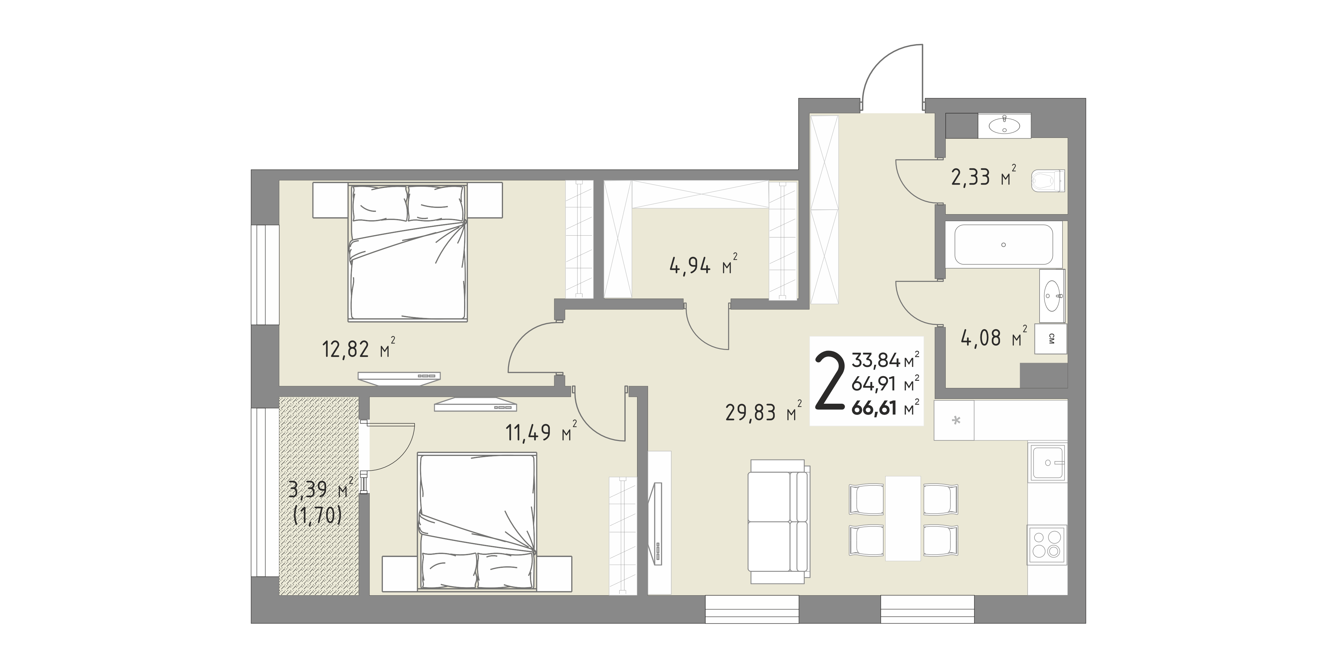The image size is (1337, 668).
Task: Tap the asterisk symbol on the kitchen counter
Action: (956, 420)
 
